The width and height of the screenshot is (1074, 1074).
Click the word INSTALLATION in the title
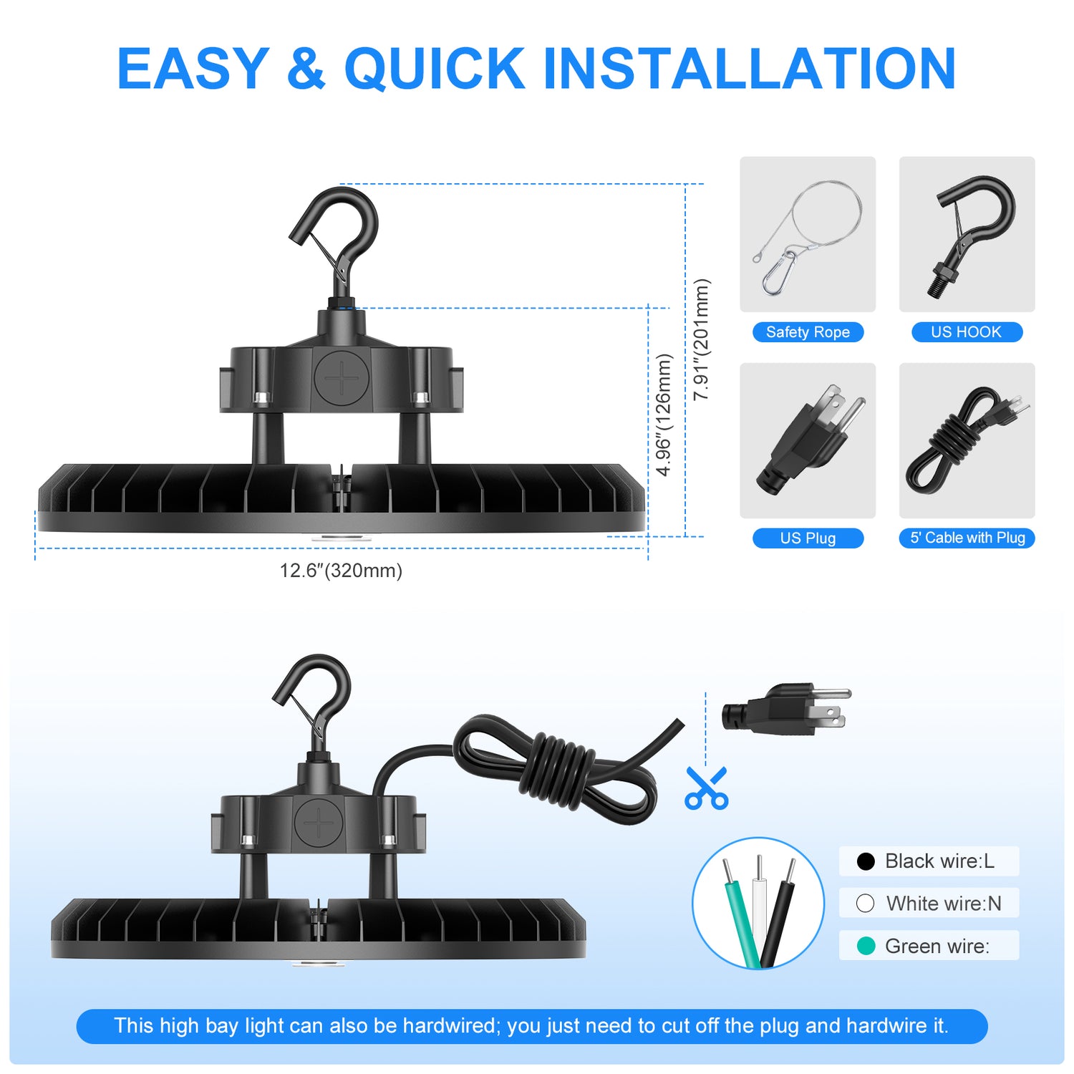click(x=750, y=68)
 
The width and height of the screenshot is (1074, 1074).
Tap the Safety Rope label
click(x=808, y=332)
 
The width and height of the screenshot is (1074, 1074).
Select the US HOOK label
click(x=967, y=332)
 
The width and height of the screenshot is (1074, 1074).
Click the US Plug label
click(x=808, y=538)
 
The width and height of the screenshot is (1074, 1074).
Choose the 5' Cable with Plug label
click(x=967, y=538)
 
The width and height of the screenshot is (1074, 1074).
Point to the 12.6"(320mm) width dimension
click(x=341, y=571)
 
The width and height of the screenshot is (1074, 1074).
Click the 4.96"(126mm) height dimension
click(x=664, y=415)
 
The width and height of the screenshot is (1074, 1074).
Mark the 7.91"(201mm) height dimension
click(x=702, y=339)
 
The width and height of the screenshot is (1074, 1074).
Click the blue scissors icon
click(x=706, y=788)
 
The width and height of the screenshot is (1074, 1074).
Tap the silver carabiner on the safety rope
click(x=778, y=272)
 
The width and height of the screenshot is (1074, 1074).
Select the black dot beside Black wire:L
click(x=866, y=861)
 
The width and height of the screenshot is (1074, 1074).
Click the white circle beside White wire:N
click(x=866, y=904)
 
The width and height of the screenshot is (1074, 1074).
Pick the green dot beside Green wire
click(x=866, y=946)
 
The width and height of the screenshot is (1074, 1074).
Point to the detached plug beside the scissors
click(x=786, y=710)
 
